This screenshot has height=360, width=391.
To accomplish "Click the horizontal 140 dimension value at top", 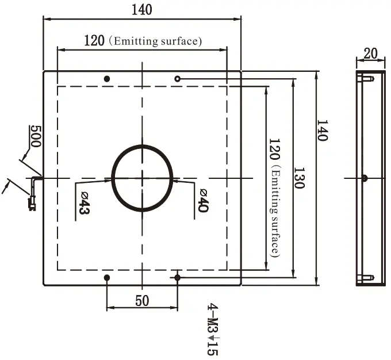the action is pyautogui.click(x=141, y=10).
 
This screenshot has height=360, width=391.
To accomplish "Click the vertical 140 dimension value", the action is pyautogui.click(x=322, y=131).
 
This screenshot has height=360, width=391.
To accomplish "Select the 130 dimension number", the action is pyautogui.click(x=299, y=178).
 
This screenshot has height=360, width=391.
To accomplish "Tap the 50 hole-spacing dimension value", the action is pyautogui.click(x=142, y=301).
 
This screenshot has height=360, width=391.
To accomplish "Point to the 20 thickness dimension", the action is pyautogui.click(x=370, y=53).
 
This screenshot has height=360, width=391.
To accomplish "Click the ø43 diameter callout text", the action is pyautogui.click(x=85, y=202).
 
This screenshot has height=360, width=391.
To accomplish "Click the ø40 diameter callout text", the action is pyautogui.click(x=203, y=200).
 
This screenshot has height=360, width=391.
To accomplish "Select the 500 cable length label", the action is pyautogui.click(x=36, y=136).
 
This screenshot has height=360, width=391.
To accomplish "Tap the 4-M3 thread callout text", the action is pyautogui.click(x=213, y=330).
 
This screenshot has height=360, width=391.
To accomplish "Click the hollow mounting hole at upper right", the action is pyautogui.click(x=177, y=79).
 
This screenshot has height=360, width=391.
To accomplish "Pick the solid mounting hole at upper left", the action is pyautogui.click(x=107, y=79).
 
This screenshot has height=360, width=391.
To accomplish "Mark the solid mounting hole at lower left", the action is pyautogui.click(x=107, y=277).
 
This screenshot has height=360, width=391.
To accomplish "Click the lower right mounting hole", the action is pyautogui.click(x=177, y=277).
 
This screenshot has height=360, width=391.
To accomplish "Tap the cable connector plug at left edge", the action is pyautogui.click(x=32, y=204).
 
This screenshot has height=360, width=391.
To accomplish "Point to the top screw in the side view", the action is pyautogui.click(x=366, y=79).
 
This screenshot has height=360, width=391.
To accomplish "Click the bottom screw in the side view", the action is pyautogui.click(x=366, y=277).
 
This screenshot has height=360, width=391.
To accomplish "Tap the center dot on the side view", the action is pyautogui.click(x=365, y=178).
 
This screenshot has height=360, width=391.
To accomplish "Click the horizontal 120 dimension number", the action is pyautogui.click(x=94, y=41).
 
